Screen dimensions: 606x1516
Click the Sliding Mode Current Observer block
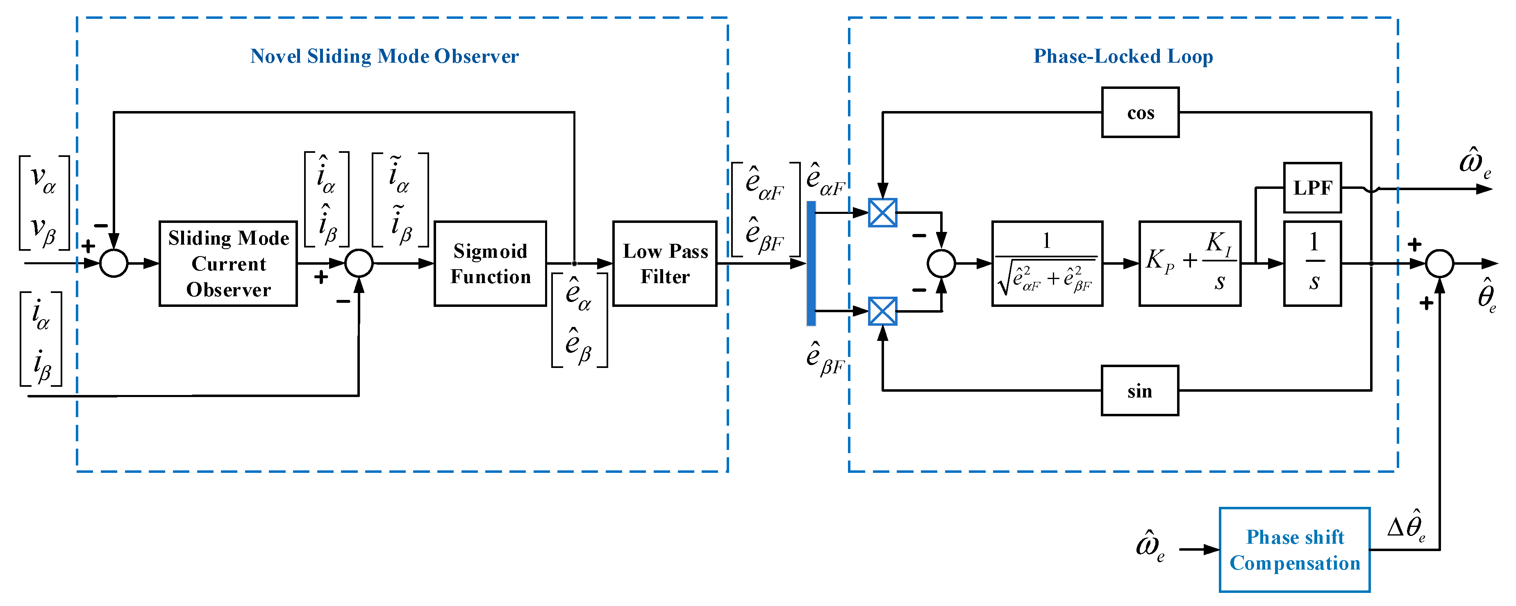click(228, 263)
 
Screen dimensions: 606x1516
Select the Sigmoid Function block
click(490, 263)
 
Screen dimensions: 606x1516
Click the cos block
click(1140, 112)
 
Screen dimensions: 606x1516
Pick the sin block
click(1139, 390)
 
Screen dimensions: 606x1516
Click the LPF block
click(1312, 188)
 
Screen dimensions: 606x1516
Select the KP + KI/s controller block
click(1189, 263)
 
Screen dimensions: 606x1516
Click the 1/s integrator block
click(1312, 263)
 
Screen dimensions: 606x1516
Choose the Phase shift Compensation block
click(1294, 549)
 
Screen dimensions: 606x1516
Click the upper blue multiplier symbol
click(882, 212)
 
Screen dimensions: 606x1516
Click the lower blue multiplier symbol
click(882, 311)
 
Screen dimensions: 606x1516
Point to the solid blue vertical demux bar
click(811, 263)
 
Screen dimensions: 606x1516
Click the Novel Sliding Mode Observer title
click(384, 57)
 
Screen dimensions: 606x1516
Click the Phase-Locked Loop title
click(1123, 57)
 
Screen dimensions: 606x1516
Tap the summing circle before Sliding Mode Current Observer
click(114, 263)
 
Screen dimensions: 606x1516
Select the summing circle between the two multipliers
click(941, 263)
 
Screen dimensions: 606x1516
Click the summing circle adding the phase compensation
click(1439, 263)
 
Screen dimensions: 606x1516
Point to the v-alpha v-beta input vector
click(44, 203)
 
